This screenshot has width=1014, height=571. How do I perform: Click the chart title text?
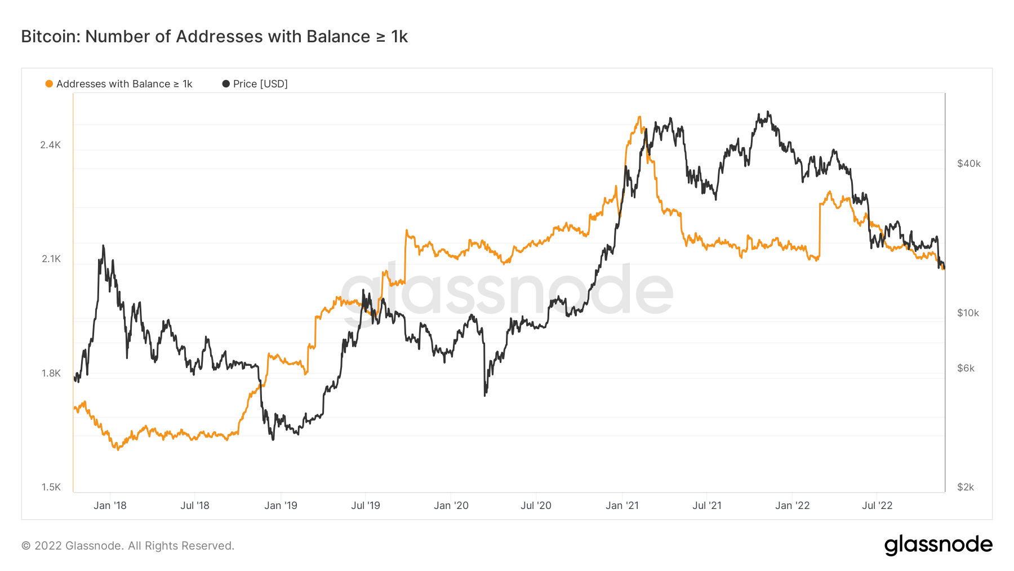click(214, 37)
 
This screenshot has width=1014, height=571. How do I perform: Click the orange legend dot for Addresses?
click(49, 84)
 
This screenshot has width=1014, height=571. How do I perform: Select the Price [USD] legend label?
click(260, 84)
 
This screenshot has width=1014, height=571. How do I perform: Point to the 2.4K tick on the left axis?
click(51, 145)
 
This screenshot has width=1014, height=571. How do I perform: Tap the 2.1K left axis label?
click(51, 259)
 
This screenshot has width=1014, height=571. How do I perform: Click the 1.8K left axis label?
click(51, 373)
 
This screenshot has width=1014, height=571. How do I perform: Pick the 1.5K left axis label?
click(51, 487)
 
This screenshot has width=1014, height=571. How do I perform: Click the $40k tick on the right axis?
click(969, 163)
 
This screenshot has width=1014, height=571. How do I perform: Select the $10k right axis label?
click(968, 313)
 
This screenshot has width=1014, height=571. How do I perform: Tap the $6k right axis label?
click(966, 368)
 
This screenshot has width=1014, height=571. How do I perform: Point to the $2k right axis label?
click(966, 487)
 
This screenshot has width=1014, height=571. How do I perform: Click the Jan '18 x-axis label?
click(110, 506)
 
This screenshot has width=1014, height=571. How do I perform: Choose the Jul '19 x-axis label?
click(366, 506)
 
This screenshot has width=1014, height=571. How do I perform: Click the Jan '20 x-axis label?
click(451, 506)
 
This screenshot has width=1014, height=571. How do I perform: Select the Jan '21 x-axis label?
click(622, 506)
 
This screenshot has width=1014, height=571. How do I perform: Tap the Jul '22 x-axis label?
click(877, 506)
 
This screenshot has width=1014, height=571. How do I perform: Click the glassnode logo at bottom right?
click(938, 545)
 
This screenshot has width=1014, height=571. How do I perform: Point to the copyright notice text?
click(128, 546)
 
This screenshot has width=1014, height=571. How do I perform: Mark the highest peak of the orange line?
click(639, 117)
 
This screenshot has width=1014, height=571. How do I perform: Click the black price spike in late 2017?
click(103, 246)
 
